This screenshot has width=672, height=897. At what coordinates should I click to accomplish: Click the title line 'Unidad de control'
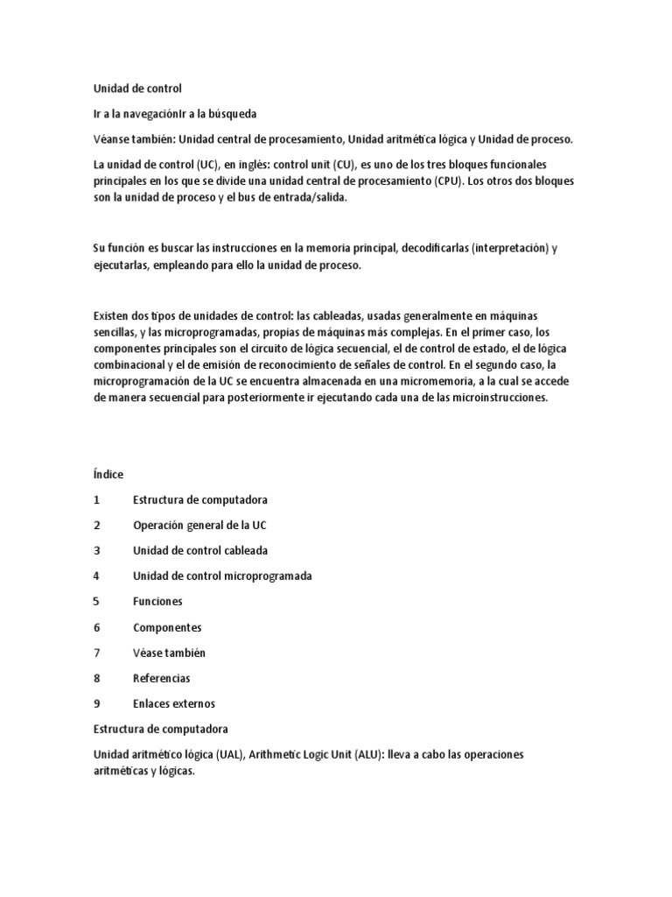click(x=138, y=88)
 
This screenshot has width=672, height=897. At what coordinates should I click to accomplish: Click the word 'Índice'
click(x=108, y=474)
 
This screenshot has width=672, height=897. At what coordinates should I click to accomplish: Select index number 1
click(x=96, y=499)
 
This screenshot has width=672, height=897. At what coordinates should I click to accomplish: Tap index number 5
click(x=96, y=602)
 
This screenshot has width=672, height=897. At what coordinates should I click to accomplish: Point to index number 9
click(x=96, y=703)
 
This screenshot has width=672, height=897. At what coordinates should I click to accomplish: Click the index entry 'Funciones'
click(x=157, y=602)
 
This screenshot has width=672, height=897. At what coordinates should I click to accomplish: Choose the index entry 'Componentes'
click(x=167, y=627)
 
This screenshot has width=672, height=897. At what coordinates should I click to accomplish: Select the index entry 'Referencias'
click(x=161, y=678)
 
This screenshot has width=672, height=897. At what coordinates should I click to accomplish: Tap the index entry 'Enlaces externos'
click(x=173, y=703)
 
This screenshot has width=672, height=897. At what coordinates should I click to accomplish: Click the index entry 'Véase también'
click(x=169, y=653)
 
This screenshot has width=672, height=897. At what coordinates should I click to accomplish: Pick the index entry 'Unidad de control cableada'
click(x=200, y=550)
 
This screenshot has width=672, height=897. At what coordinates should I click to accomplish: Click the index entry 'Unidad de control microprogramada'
click(x=222, y=576)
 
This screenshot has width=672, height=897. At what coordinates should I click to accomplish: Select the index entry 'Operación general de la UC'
click(x=199, y=525)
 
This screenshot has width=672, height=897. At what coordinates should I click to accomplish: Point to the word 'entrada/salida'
click(x=285, y=198)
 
